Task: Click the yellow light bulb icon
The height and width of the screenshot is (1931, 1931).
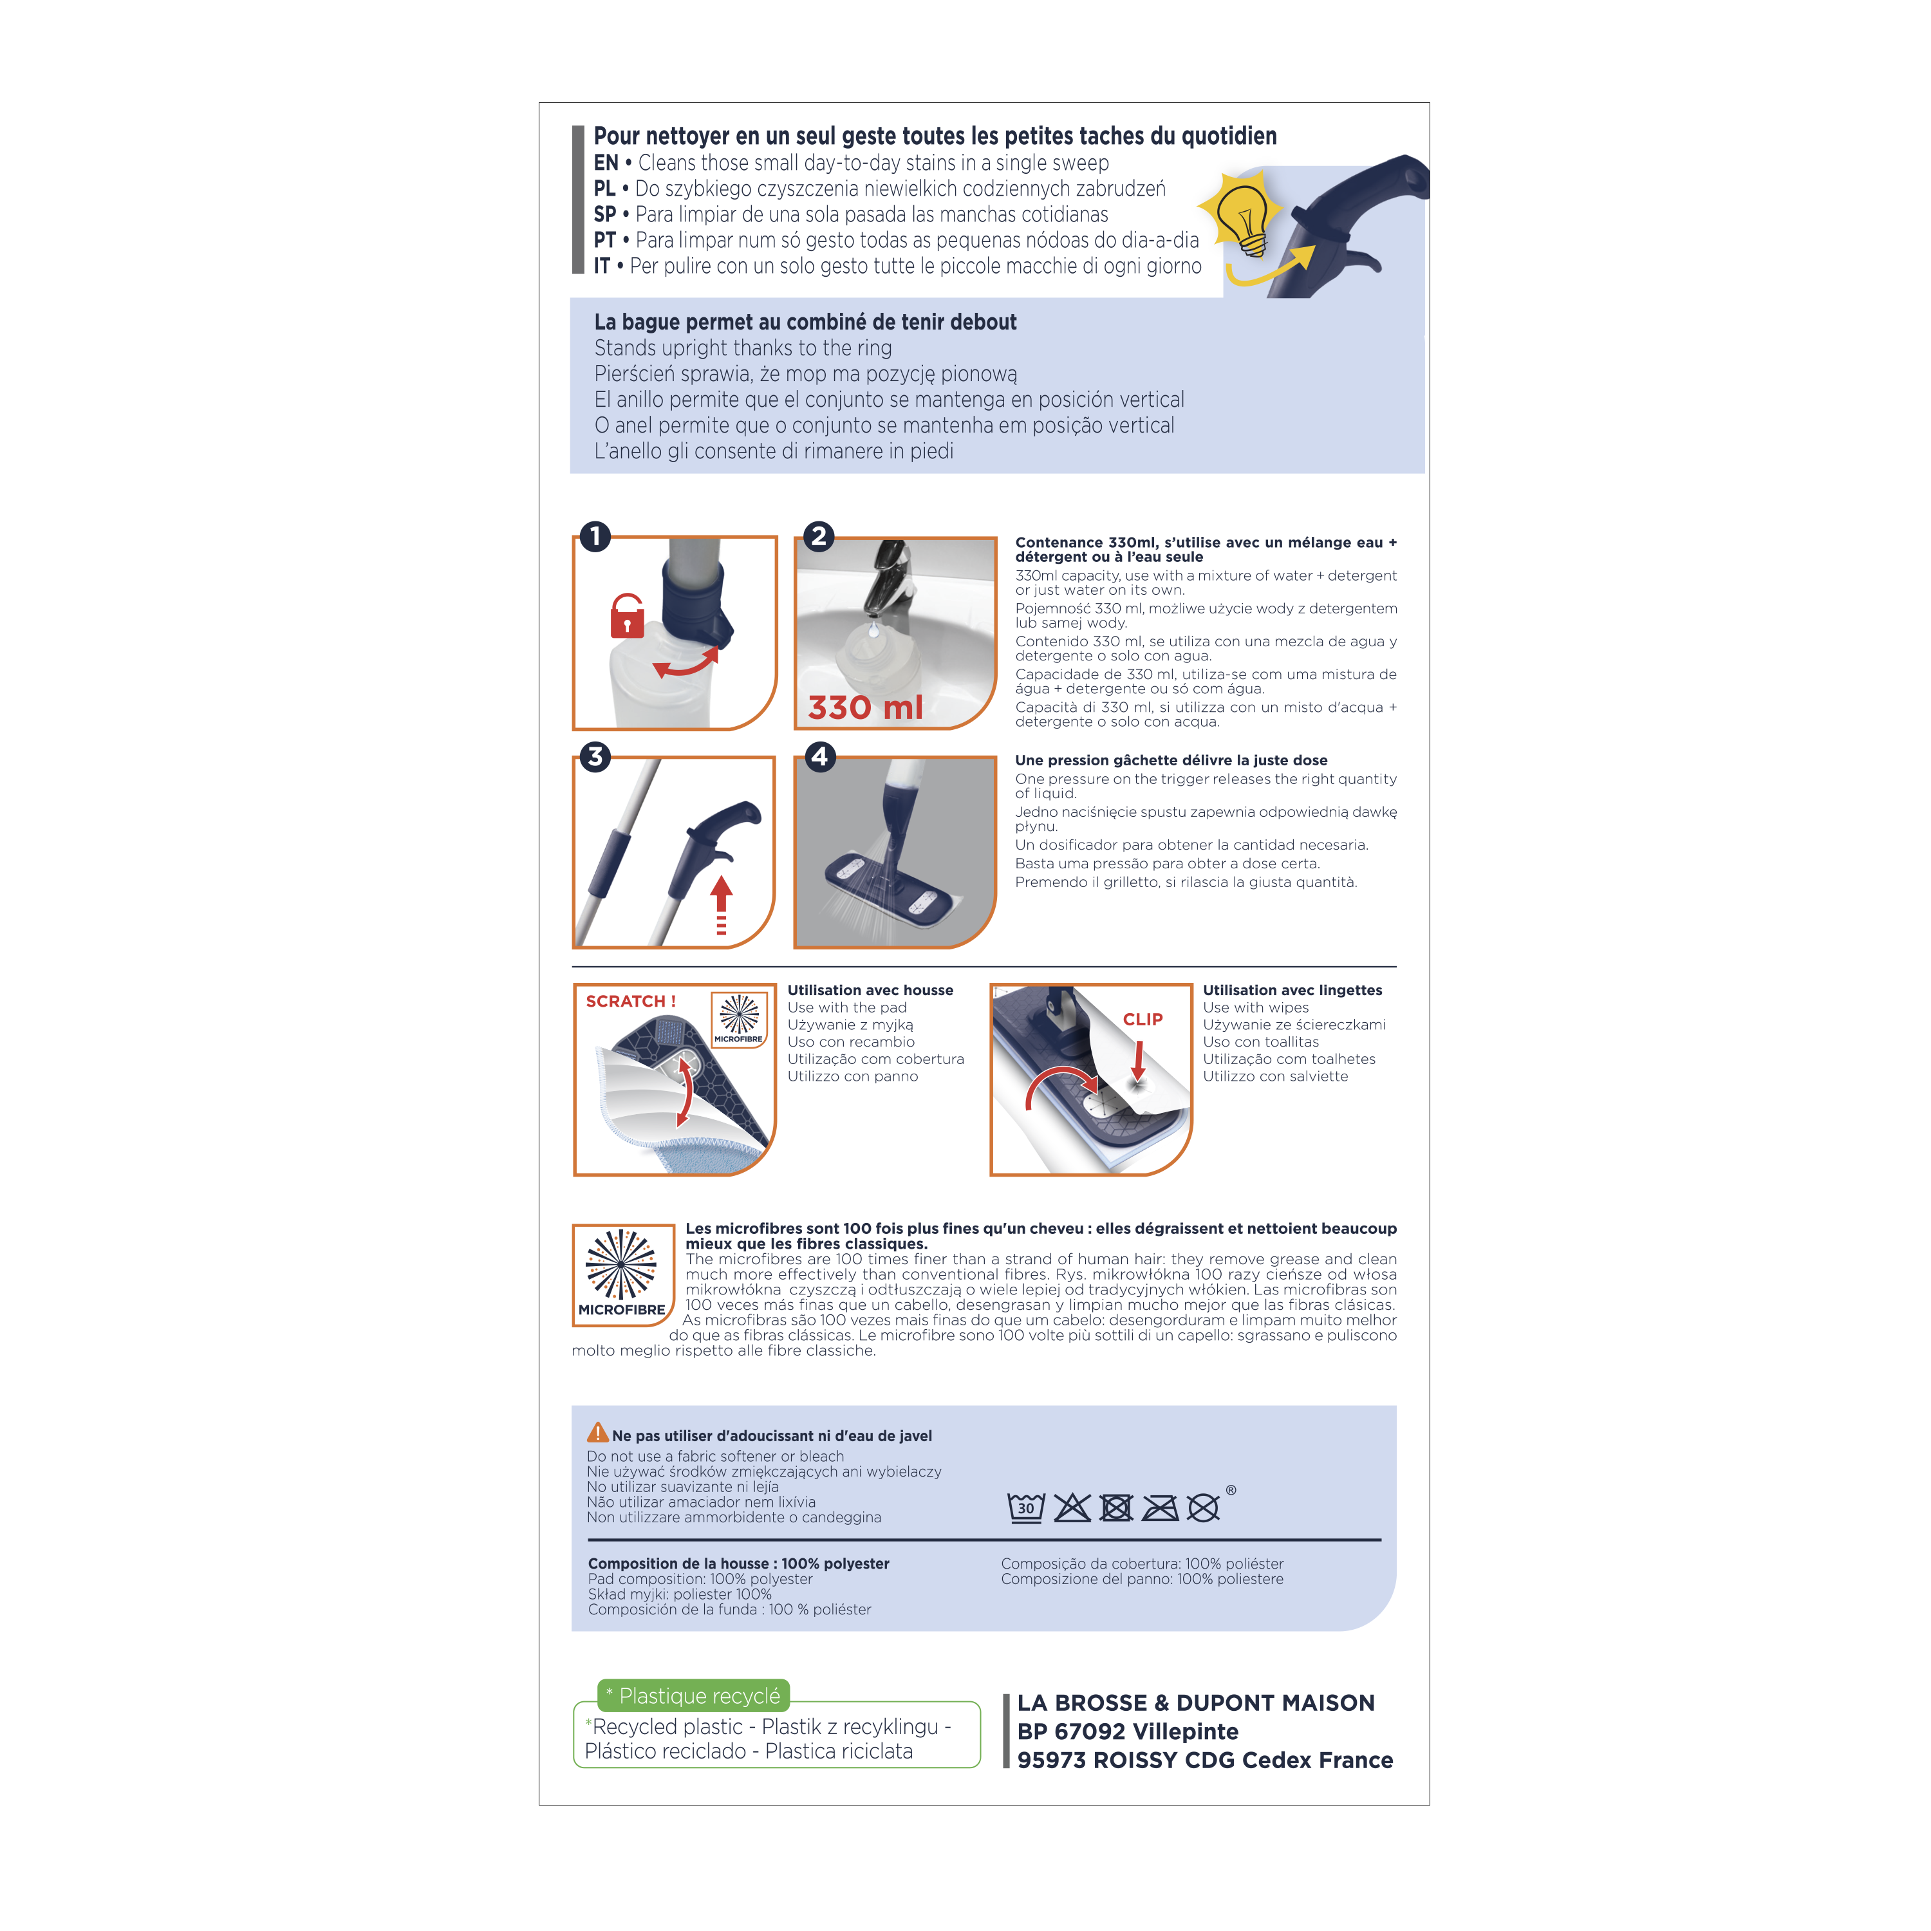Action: (x=1239, y=216)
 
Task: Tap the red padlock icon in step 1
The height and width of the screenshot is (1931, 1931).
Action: (x=628, y=617)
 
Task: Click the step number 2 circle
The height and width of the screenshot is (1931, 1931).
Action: (x=819, y=537)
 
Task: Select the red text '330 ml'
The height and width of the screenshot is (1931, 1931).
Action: (x=866, y=707)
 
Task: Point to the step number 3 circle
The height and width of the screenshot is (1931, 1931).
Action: (x=595, y=756)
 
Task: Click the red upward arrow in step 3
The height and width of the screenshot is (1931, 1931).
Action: (x=721, y=904)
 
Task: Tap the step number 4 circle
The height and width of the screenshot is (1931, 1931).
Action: (x=819, y=756)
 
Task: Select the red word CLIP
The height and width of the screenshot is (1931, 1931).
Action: (x=1143, y=1020)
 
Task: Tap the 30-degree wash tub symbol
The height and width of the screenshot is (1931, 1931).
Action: (x=1025, y=1507)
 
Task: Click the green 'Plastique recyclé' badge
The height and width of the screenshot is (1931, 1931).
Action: (x=694, y=1696)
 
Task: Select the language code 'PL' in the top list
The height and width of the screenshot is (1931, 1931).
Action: (x=604, y=189)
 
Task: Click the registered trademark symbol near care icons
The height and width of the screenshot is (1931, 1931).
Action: (x=1230, y=1490)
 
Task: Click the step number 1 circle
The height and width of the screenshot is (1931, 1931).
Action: (x=595, y=537)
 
